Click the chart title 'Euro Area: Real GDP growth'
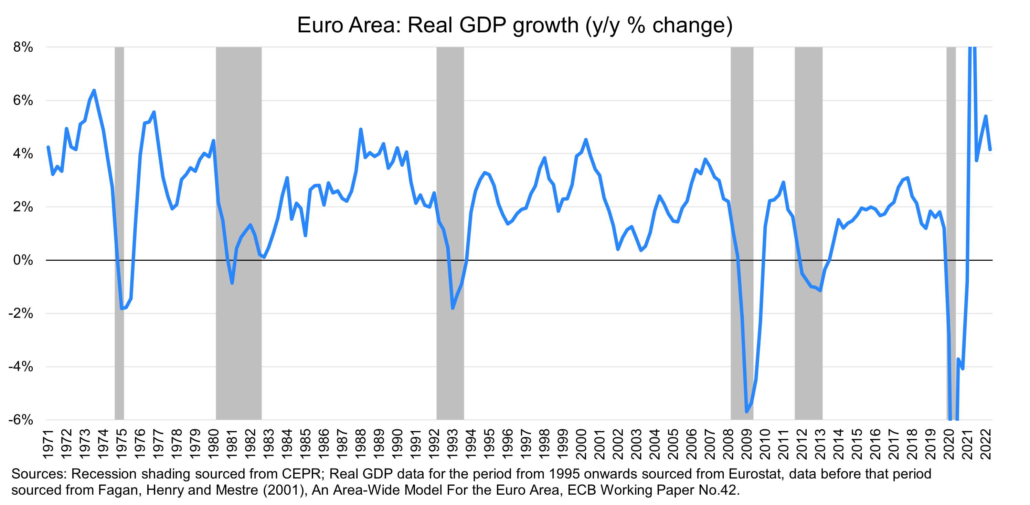514,25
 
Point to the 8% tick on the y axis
23,47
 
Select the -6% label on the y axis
21,419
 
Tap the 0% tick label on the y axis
23,260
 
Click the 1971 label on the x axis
48,444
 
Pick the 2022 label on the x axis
986,444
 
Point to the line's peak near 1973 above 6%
94,90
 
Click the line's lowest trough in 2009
746,411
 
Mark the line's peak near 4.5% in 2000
586,140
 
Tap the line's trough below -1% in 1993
453,308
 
